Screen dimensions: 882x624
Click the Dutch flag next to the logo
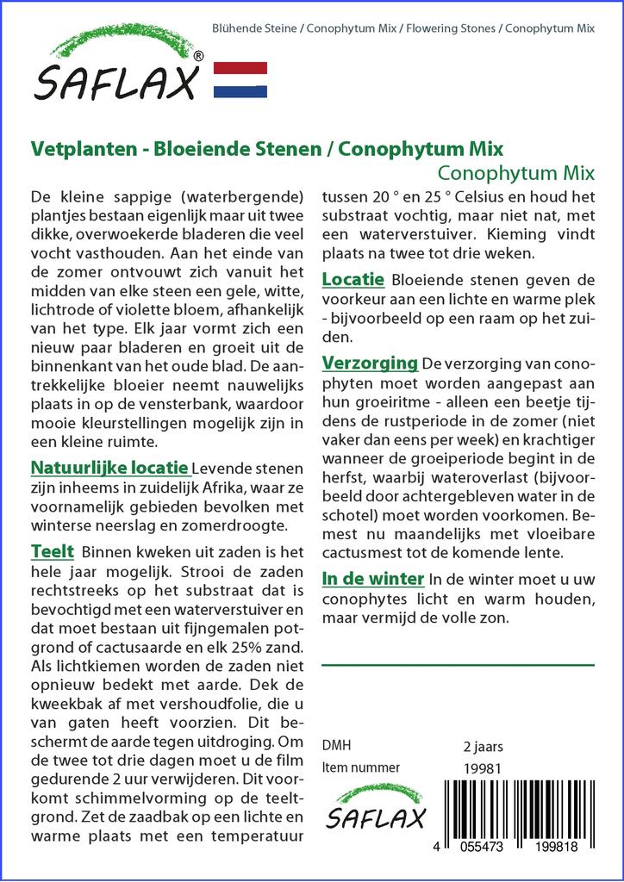(240, 79)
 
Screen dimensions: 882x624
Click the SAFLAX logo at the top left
(115, 65)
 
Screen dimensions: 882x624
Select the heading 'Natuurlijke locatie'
(109, 469)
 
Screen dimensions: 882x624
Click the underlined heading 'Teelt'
(52, 551)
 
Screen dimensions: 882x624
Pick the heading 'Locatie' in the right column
(353, 280)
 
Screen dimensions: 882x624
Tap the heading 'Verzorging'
(370, 363)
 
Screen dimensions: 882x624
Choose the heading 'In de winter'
(372, 579)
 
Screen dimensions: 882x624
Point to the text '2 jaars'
(483, 746)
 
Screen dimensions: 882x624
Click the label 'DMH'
(336, 746)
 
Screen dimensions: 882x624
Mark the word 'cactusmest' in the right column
(359, 552)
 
